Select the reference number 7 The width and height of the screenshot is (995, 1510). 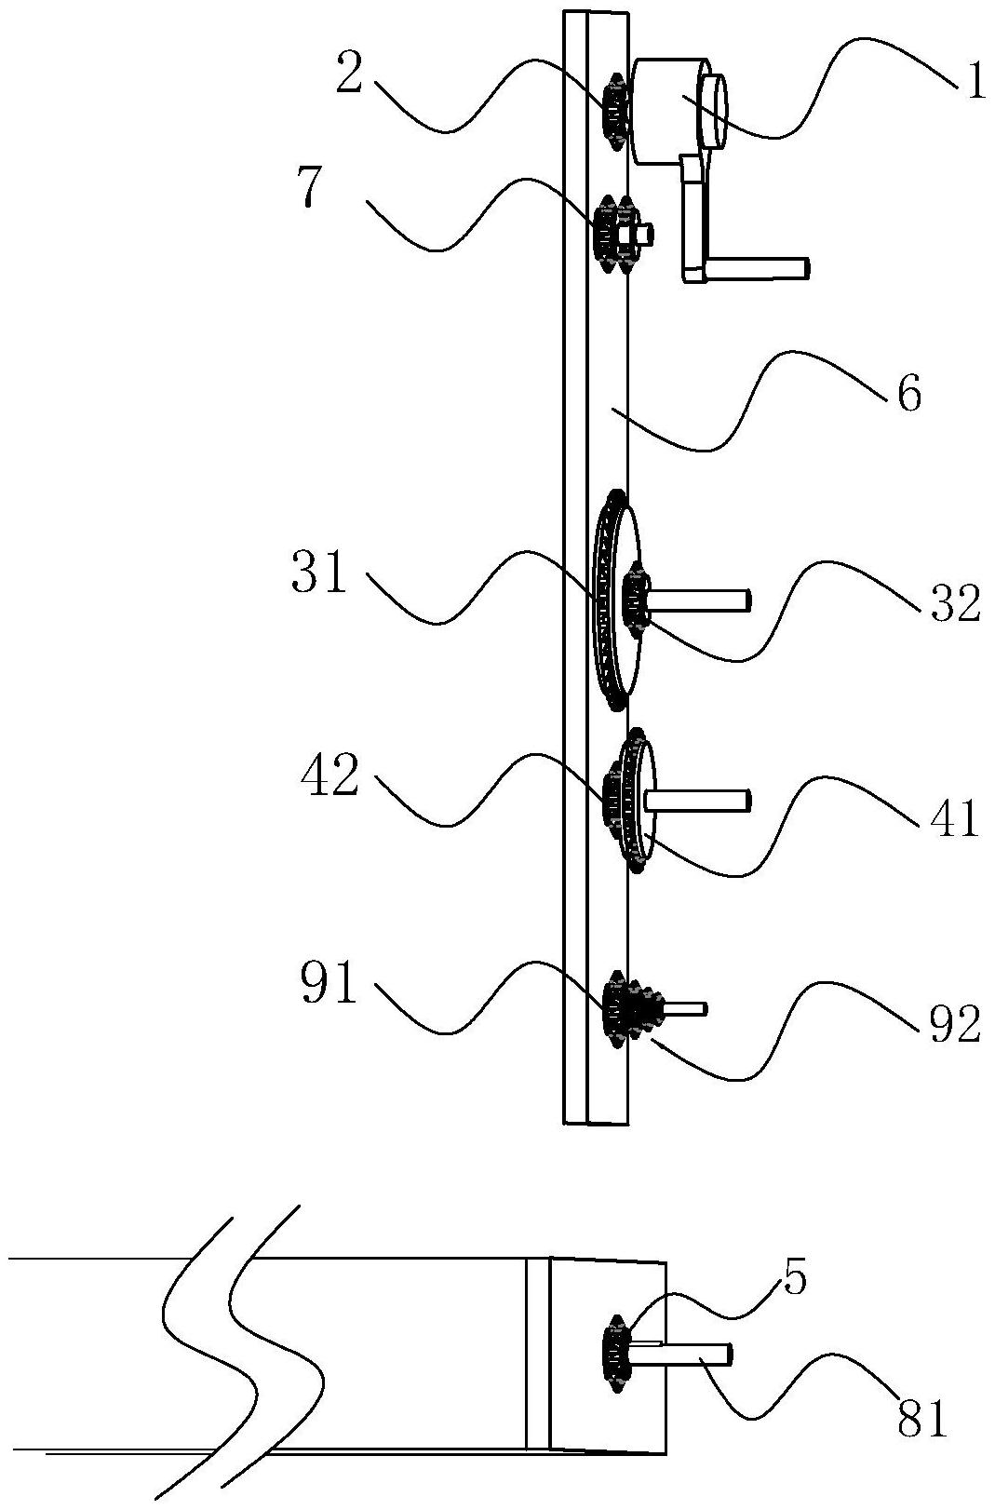coord(312,192)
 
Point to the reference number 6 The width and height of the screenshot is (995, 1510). coord(909,395)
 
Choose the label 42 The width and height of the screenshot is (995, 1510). coord(329,776)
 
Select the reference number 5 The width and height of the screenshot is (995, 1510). coord(795,1281)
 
